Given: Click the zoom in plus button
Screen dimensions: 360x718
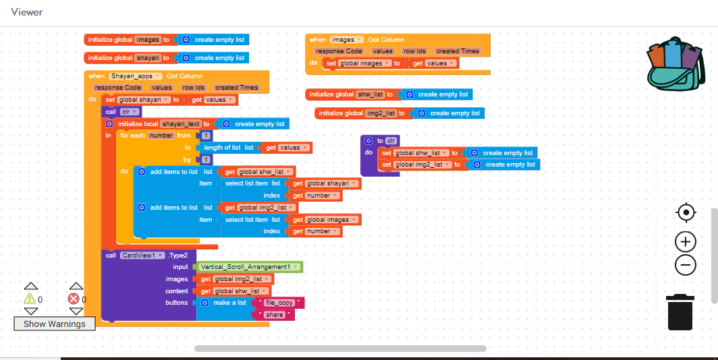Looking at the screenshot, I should (686, 241).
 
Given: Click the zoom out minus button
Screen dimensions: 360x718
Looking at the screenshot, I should (686, 265).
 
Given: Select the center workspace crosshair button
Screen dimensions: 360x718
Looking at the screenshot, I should (686, 213).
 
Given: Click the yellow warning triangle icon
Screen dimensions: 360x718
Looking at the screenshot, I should (30, 299).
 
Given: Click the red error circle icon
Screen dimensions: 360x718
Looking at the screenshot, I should (74, 299).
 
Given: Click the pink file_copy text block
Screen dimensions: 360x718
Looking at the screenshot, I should (279, 303).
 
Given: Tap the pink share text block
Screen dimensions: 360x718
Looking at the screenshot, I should (274, 315).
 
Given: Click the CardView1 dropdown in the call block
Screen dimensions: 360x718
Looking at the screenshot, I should (142, 256).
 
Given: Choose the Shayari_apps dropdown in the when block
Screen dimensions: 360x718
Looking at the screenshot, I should (136, 76).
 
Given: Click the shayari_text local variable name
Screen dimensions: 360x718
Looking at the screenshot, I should (182, 124).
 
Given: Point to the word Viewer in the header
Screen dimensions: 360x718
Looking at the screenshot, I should (27, 12).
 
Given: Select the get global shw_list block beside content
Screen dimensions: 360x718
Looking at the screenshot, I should (233, 291).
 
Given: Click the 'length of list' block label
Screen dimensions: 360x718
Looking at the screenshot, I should (222, 148).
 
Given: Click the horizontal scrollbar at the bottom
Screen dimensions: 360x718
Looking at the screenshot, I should (340, 349).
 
